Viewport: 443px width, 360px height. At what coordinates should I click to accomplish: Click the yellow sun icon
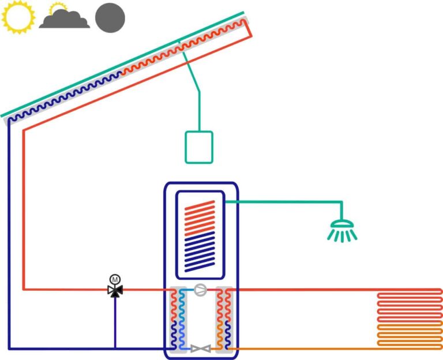(x=18, y=17)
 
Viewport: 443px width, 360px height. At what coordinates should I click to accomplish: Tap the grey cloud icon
(x=65, y=19)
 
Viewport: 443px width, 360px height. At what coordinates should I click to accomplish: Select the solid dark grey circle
(x=110, y=18)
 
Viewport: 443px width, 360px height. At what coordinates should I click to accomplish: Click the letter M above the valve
(x=115, y=280)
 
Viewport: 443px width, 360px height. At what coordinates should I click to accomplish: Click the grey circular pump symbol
(x=201, y=290)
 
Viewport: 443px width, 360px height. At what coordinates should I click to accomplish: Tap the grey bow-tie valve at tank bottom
(x=201, y=348)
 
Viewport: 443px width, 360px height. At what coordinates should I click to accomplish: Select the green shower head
(x=342, y=231)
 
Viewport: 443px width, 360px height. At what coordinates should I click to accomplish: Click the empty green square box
(x=199, y=147)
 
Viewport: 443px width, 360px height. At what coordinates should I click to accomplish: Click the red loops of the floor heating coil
(x=410, y=306)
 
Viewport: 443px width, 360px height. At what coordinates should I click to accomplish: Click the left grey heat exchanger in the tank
(x=178, y=319)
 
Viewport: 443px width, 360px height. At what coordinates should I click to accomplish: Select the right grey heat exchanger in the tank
(x=224, y=319)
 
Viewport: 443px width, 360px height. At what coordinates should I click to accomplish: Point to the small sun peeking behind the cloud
(x=58, y=7)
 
